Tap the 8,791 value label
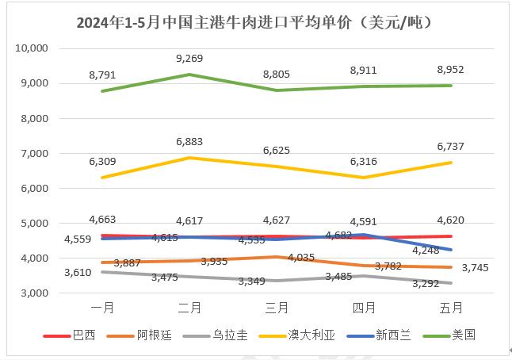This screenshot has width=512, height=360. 104,75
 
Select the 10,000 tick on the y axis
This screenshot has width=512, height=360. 32,48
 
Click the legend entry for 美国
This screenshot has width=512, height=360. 462,335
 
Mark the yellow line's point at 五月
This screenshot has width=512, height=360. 450,163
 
